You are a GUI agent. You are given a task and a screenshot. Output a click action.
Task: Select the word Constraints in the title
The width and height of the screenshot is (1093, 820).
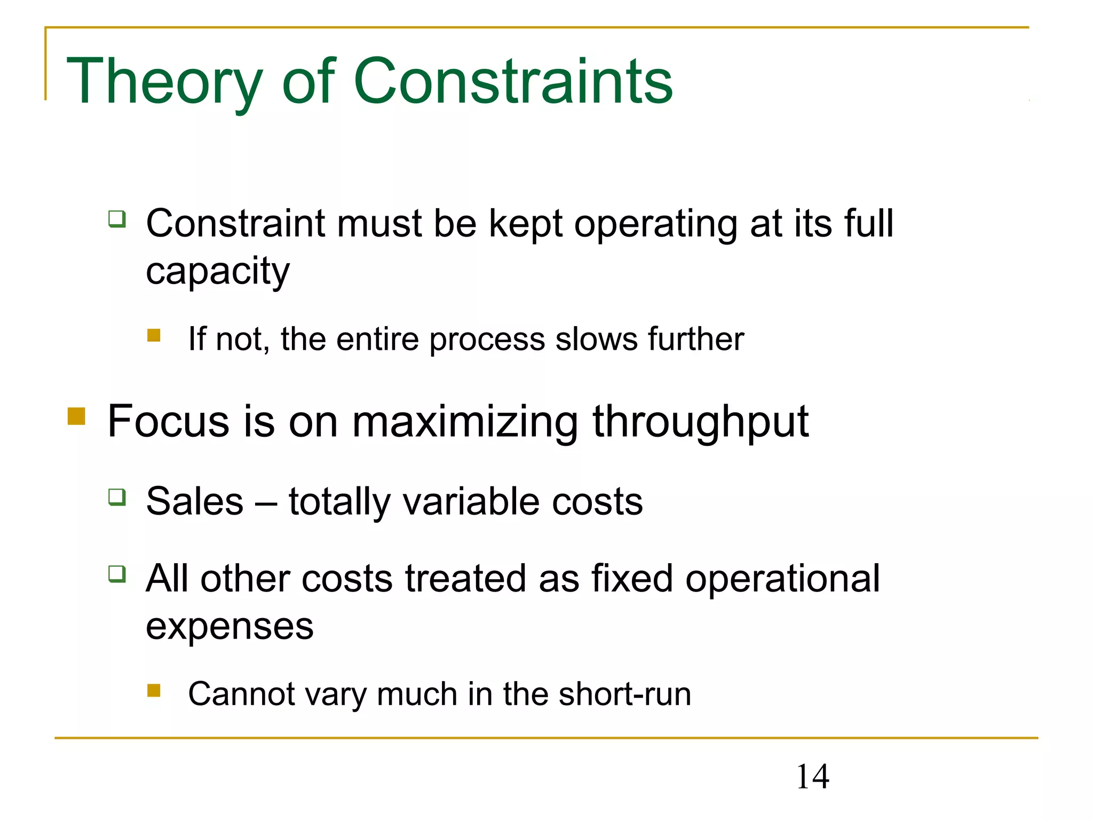coord(513,81)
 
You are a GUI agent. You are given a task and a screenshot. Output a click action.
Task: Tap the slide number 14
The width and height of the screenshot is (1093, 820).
coord(812,776)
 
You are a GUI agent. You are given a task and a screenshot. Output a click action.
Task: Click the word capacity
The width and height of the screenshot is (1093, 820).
coord(218,271)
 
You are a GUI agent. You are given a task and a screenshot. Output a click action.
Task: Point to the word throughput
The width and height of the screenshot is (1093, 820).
coord(701,422)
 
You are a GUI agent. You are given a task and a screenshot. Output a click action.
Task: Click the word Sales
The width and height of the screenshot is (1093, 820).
coord(195,501)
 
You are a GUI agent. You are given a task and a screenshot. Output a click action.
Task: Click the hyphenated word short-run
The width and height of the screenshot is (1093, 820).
coord(625,694)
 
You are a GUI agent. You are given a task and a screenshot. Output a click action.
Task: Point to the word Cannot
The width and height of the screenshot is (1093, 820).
coord(241,694)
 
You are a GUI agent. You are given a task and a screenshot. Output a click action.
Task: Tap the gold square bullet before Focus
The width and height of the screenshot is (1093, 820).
coord(77,416)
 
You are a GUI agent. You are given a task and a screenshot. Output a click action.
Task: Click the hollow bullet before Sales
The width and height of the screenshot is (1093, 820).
coord(117,497)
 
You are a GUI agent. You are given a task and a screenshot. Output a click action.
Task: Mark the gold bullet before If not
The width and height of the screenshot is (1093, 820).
coord(154,335)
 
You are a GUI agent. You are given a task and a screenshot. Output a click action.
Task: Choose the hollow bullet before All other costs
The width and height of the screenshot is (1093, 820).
coord(117,574)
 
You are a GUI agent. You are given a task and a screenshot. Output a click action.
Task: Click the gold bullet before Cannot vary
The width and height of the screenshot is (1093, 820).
coord(154,691)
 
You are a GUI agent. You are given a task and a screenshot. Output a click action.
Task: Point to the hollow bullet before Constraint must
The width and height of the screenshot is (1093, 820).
coord(117,219)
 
